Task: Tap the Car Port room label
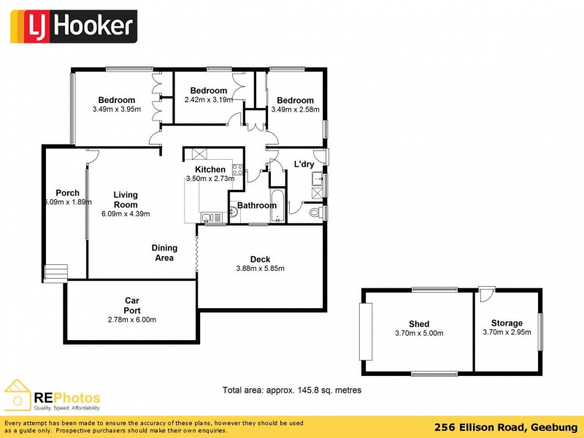click(132, 305)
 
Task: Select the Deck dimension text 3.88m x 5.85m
click(260, 268)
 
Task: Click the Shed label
click(419, 324)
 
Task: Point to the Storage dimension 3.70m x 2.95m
click(507, 332)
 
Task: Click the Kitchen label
click(210, 169)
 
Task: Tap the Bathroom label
click(256, 205)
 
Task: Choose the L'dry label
click(304, 164)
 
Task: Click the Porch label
click(67, 193)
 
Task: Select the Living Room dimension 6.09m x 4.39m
click(125, 214)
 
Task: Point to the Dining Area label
click(164, 253)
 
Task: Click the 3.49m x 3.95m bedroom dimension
click(117, 109)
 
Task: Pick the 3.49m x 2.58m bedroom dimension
click(295, 109)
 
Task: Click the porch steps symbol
click(55, 273)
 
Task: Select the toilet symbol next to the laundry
click(315, 212)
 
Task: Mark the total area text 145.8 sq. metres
click(291, 391)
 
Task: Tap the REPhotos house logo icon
click(18, 394)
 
